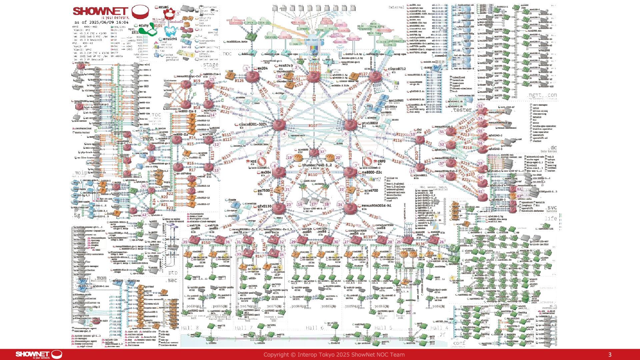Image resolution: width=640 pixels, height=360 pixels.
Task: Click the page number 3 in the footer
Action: tap(610, 355)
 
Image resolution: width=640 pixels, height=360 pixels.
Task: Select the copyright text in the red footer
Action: tap(334, 355)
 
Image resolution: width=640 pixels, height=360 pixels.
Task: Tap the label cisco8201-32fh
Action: tap(253, 124)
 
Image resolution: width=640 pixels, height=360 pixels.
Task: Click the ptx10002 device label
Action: tap(370, 123)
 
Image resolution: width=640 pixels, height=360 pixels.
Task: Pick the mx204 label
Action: tap(263, 69)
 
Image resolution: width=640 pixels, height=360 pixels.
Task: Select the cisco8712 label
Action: tap(397, 69)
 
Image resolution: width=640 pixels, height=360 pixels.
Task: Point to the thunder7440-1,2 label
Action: tap(317, 165)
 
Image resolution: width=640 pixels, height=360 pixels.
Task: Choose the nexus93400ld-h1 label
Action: tap(376, 206)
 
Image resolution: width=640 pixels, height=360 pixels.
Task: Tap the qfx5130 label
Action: tap(264, 206)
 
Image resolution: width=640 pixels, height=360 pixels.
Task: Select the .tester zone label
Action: tap(462, 110)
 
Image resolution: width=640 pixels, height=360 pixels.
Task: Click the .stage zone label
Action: tap(210, 65)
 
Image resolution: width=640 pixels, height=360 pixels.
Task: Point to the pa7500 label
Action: tap(264, 191)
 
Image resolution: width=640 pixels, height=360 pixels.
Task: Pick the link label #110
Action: tap(313, 175)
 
